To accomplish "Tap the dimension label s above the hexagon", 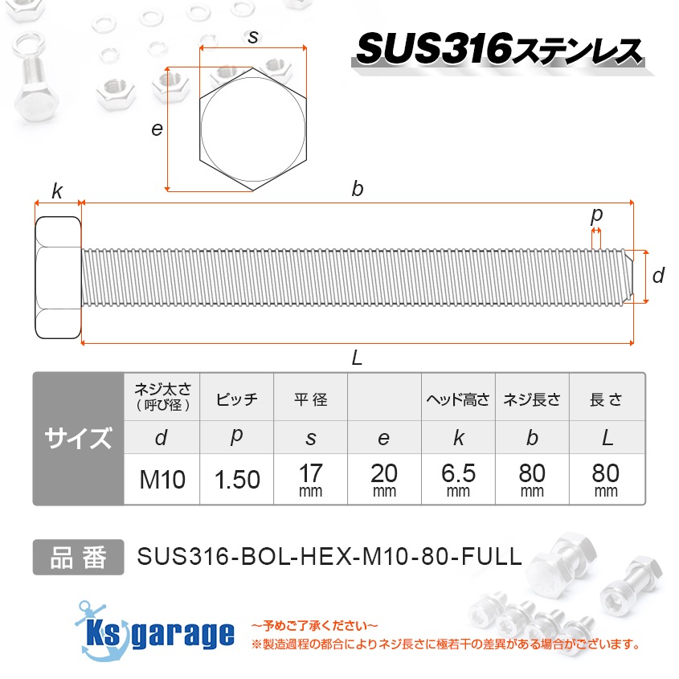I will pos(253,36).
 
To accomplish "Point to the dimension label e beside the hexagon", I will pos(157,129).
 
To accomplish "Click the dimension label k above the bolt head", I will pos(57,190).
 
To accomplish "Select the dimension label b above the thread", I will pos(358,189).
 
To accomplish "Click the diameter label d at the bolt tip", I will pos(658,276).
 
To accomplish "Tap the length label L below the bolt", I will pos(358,358).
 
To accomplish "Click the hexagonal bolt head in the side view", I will pos(58,277).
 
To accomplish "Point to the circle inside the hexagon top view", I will pos(253,129).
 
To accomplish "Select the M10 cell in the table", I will pos(162,480).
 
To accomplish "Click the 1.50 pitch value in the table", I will pos(237,480).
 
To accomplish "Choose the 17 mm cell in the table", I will pos(310,480).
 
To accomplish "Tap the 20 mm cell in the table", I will pos(384,480).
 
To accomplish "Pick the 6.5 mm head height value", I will pos(458,480).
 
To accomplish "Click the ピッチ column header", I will pos(237,399).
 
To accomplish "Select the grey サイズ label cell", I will pos(78,439).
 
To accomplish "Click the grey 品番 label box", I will pos(78,557).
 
